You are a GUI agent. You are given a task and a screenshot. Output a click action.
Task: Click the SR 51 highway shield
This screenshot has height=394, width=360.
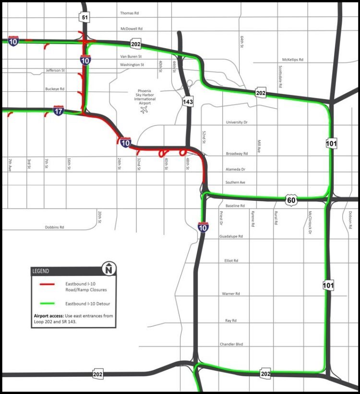84,18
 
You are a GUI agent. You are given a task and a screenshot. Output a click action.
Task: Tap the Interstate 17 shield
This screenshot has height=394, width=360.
59,110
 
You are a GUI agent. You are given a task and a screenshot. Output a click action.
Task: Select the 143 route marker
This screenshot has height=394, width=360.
188,101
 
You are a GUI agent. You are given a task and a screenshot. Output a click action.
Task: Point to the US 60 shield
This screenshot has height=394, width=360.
291,199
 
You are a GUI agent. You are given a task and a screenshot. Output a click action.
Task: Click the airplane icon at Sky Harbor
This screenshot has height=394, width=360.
144,110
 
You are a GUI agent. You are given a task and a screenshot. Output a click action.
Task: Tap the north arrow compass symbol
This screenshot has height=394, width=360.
109,270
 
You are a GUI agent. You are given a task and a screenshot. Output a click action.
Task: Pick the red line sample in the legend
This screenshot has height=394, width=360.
47,284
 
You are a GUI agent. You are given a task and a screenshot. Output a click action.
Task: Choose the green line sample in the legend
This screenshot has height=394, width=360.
47,303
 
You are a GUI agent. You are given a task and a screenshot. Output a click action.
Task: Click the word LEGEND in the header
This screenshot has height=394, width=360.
40,271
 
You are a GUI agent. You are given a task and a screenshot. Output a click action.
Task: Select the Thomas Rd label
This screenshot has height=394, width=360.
129,13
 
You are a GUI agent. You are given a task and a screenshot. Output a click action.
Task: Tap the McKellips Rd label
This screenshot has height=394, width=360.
293,60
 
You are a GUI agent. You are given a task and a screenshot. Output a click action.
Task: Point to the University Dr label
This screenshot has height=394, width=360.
237,123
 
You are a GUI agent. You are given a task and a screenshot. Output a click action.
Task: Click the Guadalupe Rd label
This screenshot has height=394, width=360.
231,236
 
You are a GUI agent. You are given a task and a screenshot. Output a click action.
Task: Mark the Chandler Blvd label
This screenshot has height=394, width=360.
231,344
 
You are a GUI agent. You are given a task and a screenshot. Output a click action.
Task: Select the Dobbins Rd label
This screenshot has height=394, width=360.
55,227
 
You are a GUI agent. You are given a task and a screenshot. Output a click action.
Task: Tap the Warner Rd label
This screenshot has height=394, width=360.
231,293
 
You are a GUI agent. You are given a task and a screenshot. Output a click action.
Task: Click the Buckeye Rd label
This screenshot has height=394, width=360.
55,89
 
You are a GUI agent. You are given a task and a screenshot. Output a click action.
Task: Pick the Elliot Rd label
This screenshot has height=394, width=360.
231,260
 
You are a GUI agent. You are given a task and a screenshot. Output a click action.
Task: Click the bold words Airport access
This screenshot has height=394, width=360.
48,316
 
